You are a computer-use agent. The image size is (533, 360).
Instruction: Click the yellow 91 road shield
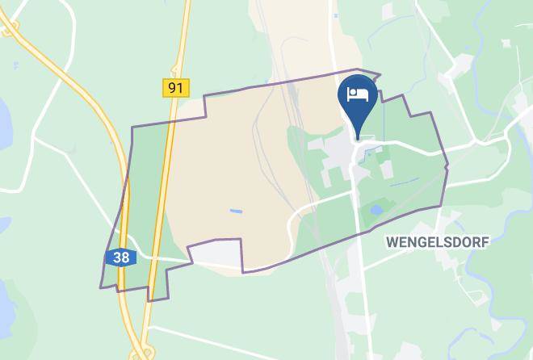click(x=175, y=87)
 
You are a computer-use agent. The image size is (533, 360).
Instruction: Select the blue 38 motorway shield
click(x=120, y=258)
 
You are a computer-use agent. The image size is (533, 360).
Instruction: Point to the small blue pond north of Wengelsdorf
click(x=376, y=211)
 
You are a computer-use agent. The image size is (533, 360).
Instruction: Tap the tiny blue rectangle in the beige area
click(x=235, y=211)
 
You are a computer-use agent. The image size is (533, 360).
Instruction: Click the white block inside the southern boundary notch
click(x=216, y=255)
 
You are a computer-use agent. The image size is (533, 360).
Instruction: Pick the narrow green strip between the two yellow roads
click(x=146, y=202)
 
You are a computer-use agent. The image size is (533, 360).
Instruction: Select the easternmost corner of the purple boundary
click(x=447, y=166)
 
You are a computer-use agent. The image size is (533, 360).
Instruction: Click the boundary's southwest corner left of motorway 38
click(x=101, y=287)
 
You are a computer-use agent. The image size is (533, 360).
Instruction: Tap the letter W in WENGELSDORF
click(x=391, y=241)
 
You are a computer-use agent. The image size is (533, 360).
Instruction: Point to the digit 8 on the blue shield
click(x=124, y=258)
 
